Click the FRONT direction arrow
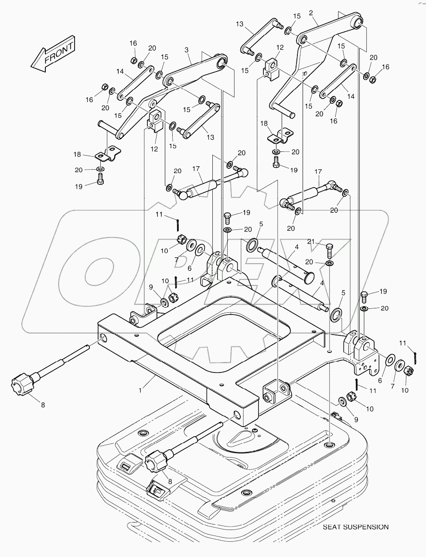click(52, 54)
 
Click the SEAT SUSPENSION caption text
click(355, 527)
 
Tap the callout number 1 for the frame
click(140, 391)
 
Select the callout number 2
click(311, 13)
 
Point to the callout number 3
click(186, 51)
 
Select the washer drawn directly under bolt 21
click(330, 264)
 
